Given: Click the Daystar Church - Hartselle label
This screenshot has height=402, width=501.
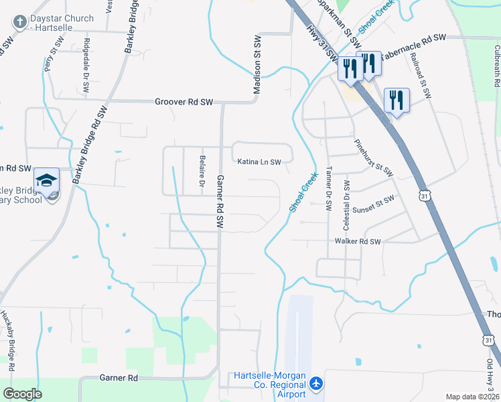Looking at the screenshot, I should tap(58, 18).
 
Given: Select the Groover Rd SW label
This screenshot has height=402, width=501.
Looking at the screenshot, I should tap(184, 102).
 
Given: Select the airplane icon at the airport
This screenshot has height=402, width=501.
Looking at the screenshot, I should tap(316, 384).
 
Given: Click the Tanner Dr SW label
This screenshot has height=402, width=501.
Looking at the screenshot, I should tap(329, 190).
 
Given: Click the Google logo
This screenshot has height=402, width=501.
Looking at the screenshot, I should tap(22, 394).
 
